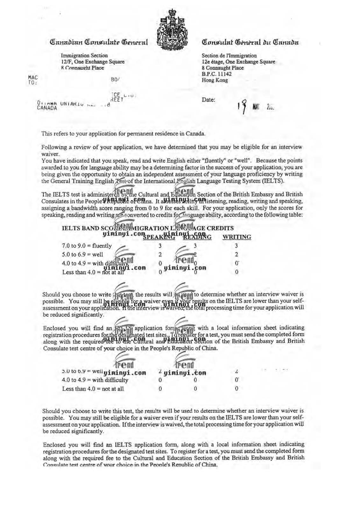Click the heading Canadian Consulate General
coord(98,42)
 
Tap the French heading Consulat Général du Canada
coord(250,42)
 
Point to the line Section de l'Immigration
coord(229,56)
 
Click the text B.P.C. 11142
coord(216,74)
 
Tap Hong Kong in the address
coord(215,80)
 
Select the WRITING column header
coord(236,237)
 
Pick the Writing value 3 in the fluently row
coord(236,246)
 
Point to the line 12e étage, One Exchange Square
coord(238,62)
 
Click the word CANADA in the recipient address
coord(47,108)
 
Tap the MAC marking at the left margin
coord(33,77)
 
